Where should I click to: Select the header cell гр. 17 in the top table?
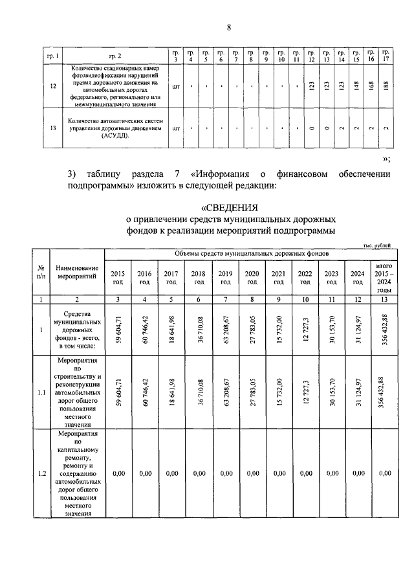click(x=386, y=56)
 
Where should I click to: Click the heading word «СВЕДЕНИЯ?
click(x=230, y=208)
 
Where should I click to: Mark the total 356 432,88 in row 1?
click(x=385, y=330)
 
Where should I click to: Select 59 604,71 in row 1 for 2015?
click(x=118, y=330)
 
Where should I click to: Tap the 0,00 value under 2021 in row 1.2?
click(x=279, y=473)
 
